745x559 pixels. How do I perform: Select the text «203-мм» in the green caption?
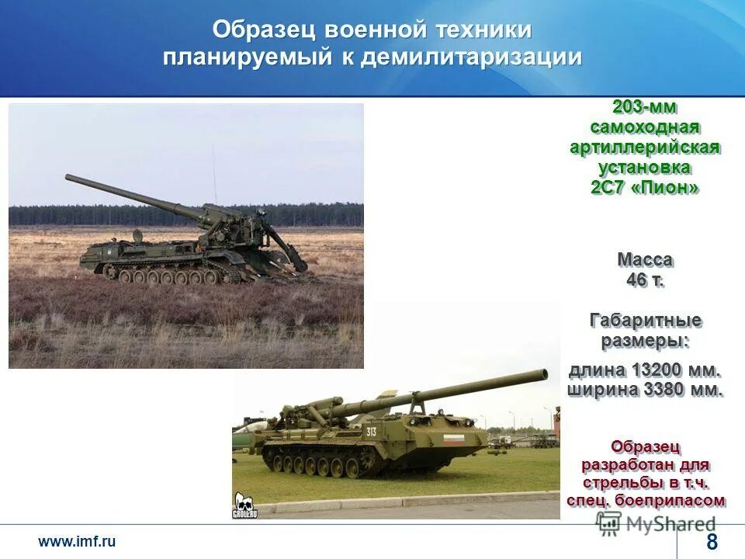[x=644, y=106]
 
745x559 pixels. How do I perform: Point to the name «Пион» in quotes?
[x=669, y=187]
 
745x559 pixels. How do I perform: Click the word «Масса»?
[x=645, y=259]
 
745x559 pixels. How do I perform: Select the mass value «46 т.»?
[x=645, y=280]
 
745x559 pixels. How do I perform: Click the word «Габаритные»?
[x=645, y=320]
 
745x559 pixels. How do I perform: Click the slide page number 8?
[x=712, y=543]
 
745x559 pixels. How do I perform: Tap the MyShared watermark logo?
[x=657, y=523]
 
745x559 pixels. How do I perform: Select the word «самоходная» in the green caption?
[x=644, y=127]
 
